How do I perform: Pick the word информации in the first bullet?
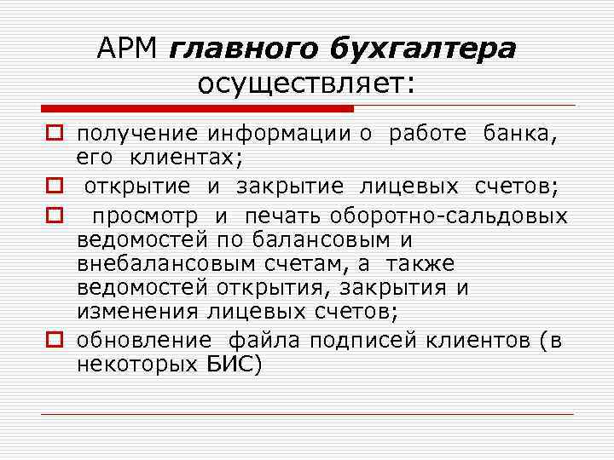point(277,133)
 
